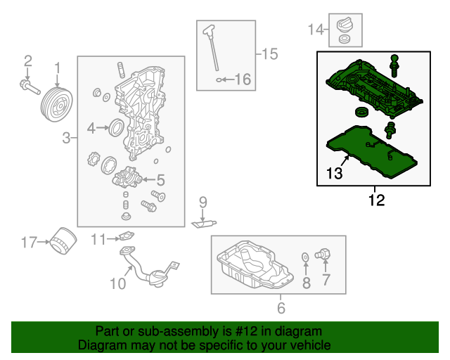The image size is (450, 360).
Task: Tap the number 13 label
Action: point(334,173)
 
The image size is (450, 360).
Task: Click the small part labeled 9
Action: point(203,224)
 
